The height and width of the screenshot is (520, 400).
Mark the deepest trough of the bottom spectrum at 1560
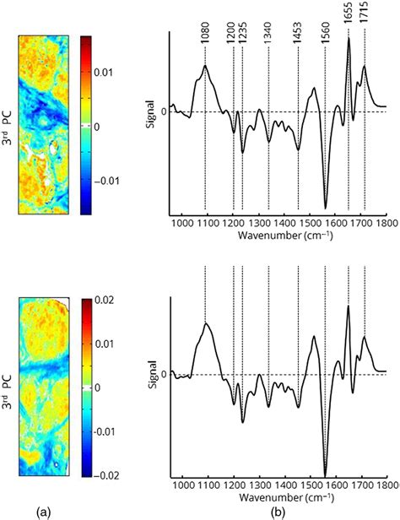point(325,475)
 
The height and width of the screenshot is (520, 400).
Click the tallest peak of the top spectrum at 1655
point(349,39)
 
